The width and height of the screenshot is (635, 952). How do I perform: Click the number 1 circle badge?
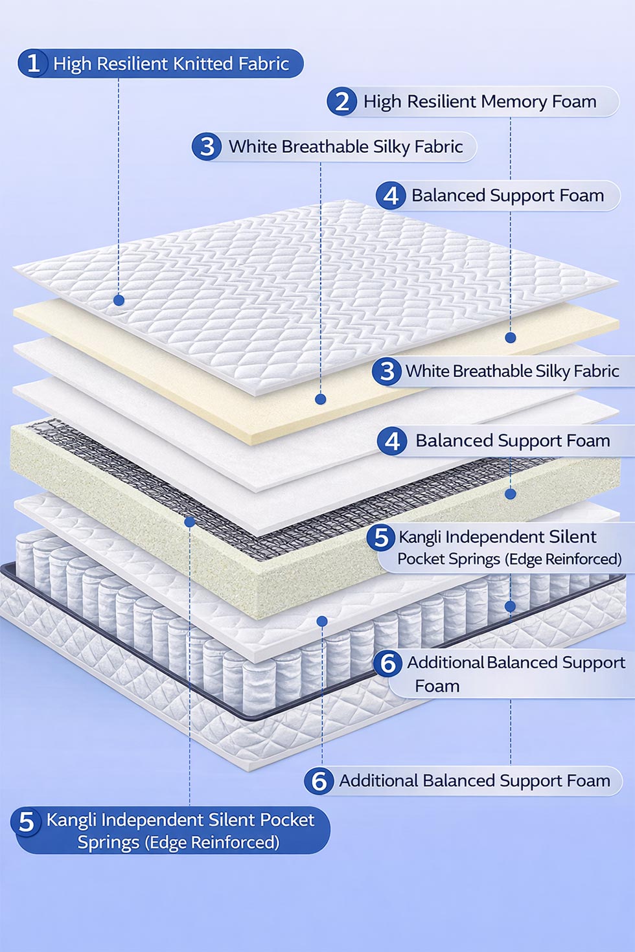coord(33,63)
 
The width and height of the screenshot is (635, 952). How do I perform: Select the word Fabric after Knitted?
coord(263,63)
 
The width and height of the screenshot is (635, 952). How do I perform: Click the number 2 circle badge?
coord(341,102)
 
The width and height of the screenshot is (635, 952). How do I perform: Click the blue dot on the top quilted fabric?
coord(119,300)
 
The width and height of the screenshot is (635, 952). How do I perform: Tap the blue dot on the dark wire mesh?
coord(189,521)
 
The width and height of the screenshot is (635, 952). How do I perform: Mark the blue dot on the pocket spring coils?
coord(510,606)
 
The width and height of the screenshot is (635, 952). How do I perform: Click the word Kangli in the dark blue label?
coord(71,820)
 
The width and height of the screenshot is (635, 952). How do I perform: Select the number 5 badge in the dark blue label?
coord(27,822)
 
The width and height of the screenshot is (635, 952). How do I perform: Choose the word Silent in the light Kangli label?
coord(563,537)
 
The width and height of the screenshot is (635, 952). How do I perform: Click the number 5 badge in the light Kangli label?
coord(381,538)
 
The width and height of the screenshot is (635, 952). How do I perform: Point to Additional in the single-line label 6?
coord(378,781)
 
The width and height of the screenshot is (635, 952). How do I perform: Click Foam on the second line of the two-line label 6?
coord(437,686)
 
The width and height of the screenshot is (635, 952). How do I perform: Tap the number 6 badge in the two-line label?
coord(388,663)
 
